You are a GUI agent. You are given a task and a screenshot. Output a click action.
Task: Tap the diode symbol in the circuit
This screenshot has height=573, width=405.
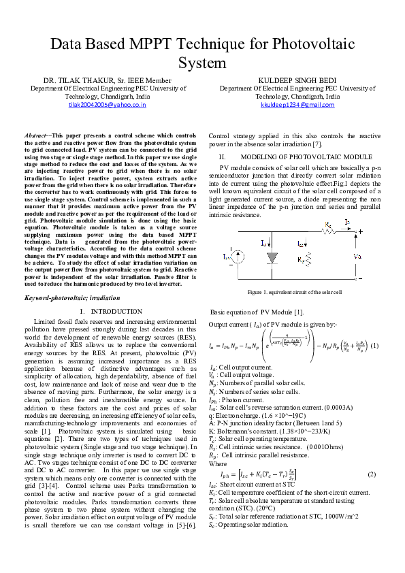tap(273, 257)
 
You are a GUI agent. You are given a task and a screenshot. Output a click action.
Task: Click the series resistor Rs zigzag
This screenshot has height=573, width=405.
tap(329, 231)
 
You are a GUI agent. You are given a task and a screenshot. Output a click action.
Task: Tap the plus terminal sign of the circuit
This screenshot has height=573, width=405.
tap(360, 231)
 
